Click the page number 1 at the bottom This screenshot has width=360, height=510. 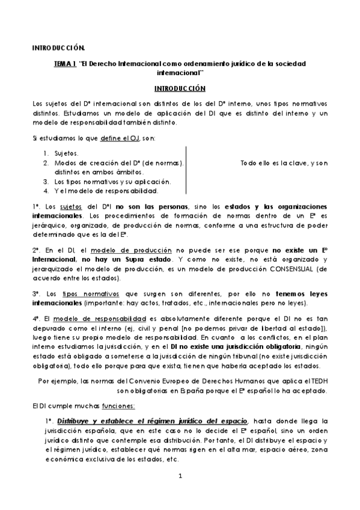pyautogui.click(x=180, y=476)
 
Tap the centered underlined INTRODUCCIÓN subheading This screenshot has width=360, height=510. pyautogui.click(x=180, y=88)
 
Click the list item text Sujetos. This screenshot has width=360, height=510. pyautogui.click(x=66, y=153)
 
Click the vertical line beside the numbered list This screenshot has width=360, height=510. pyautogui.click(x=187, y=171)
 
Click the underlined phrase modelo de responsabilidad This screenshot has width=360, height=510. pyautogui.click(x=100, y=318)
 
